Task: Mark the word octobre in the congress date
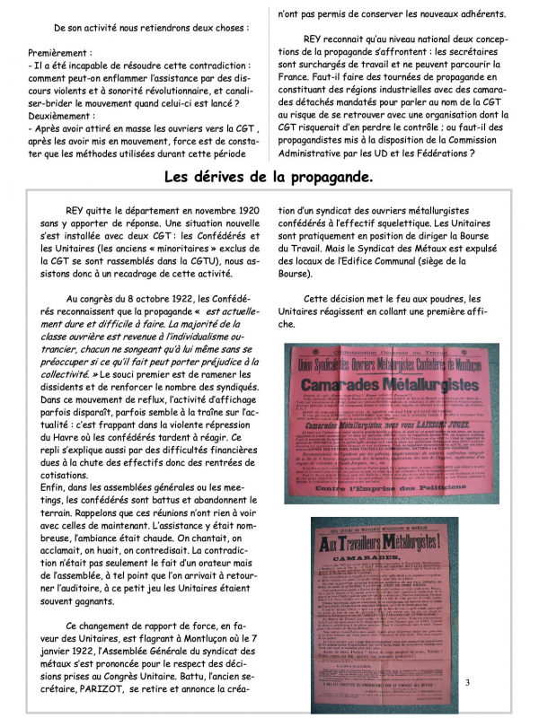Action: pos(175,299)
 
